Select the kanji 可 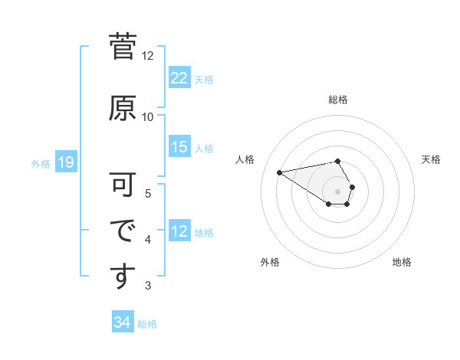pyautogui.click(x=123, y=185)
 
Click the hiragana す pyautogui.click(x=123, y=277)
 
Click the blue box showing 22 pyautogui.click(x=179, y=78)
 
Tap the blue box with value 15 pyautogui.click(x=179, y=148)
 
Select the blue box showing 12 pyautogui.click(x=179, y=232)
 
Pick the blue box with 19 pyautogui.click(x=65, y=162)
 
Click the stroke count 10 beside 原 pyautogui.click(x=148, y=117)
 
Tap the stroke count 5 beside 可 pyautogui.click(x=148, y=193)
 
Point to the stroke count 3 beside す pyautogui.click(x=148, y=286)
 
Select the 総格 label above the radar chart pyautogui.click(x=338, y=100)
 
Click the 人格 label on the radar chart pyautogui.click(x=245, y=159)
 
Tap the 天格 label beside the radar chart pyautogui.click(x=431, y=159)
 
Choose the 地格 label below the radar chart pyautogui.click(x=402, y=262)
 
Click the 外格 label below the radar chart pyautogui.click(x=270, y=262)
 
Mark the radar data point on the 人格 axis pyautogui.click(x=280, y=172)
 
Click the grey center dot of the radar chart pyautogui.click(x=338, y=191)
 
